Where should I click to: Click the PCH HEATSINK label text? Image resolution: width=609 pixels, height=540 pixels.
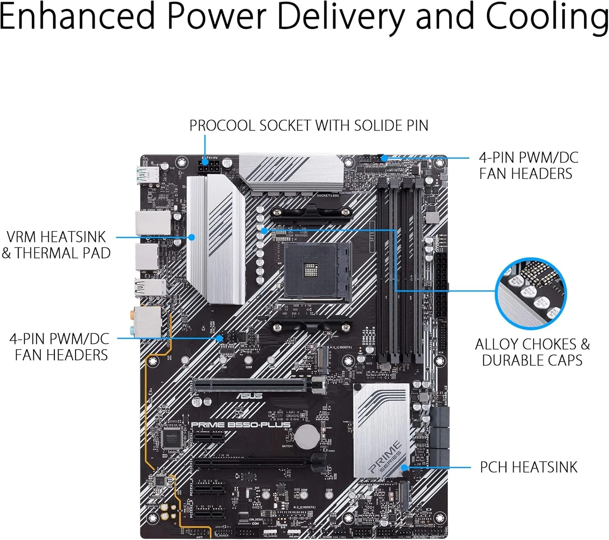pyautogui.click(x=528, y=467)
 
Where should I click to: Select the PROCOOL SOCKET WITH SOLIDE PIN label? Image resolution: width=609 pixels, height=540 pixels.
pyautogui.click(x=309, y=125)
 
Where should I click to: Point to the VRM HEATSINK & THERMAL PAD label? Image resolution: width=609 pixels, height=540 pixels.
pyautogui.click(x=56, y=245)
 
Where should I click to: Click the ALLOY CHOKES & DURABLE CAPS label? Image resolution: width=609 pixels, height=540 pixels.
pyautogui.click(x=532, y=352)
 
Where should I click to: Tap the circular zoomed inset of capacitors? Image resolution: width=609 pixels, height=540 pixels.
pyautogui.click(x=531, y=293)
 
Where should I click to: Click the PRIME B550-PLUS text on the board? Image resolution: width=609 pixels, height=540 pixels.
pyautogui.click(x=241, y=425)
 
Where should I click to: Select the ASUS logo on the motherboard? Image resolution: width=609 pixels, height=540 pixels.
pyautogui.click(x=249, y=396)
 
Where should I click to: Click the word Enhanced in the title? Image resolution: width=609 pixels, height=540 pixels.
pyautogui.click(x=77, y=17)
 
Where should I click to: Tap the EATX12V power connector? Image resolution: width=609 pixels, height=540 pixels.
pyautogui.click(x=209, y=166)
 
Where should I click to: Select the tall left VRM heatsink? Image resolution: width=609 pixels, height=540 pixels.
pyautogui.click(x=216, y=240)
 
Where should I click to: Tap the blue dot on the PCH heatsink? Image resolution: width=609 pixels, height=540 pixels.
pyautogui.click(x=404, y=468)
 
